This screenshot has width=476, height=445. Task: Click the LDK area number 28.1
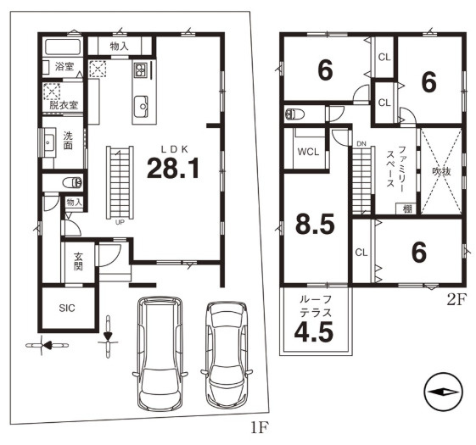173,169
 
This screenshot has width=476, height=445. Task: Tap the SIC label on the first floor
67,309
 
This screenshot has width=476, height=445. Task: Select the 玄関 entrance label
78,261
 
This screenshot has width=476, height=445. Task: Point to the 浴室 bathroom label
64,66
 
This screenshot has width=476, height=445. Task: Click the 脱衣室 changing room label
64,105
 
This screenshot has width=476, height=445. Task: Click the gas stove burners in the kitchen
140,70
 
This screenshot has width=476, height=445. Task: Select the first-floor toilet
72,182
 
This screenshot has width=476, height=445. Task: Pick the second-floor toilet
295,114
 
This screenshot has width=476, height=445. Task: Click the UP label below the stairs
120,222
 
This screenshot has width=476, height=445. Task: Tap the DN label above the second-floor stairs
361,144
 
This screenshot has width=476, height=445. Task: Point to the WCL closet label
308,152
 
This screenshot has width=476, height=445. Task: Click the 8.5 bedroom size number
315,225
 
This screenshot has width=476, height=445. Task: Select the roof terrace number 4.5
314,331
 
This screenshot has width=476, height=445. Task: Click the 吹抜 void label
441,172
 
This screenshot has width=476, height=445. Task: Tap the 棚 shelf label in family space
407,209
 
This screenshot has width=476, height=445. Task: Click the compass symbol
444,392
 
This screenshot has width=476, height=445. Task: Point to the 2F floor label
456,300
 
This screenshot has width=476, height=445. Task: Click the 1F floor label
260,428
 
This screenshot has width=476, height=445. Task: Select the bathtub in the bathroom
63,47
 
